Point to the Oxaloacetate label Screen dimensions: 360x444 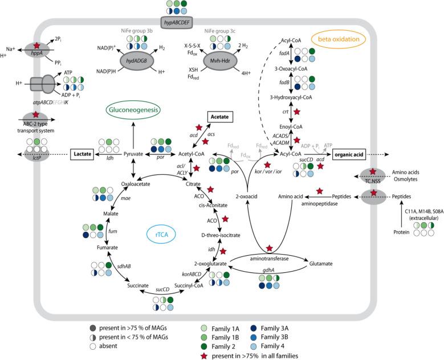(x=137, y=184)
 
